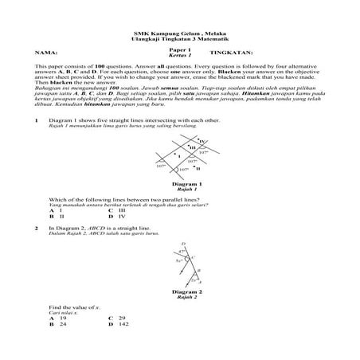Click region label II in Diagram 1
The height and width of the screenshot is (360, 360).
[x=198, y=169]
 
